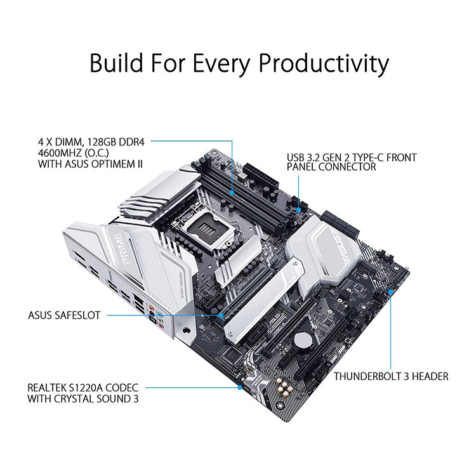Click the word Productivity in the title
(x=324, y=63)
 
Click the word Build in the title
(x=116, y=63)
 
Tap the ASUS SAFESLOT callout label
(x=64, y=315)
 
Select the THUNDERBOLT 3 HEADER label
(x=391, y=376)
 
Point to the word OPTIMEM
(x=114, y=164)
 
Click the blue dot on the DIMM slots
(x=232, y=192)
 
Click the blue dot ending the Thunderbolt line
(x=391, y=292)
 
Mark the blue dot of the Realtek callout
(x=240, y=387)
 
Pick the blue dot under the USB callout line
(x=299, y=210)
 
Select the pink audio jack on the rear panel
(x=161, y=326)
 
